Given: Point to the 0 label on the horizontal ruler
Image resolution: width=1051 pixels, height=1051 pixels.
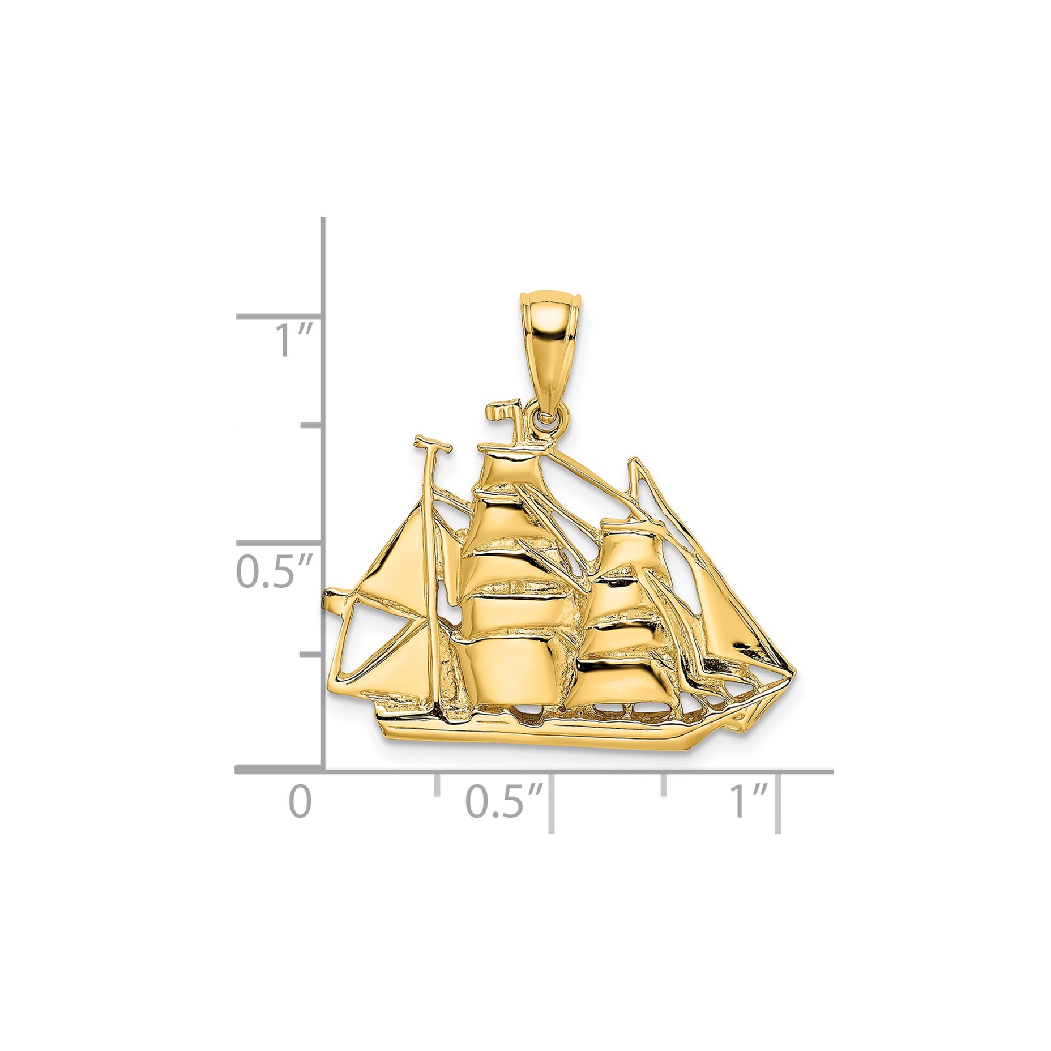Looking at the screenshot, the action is pyautogui.click(x=300, y=802).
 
